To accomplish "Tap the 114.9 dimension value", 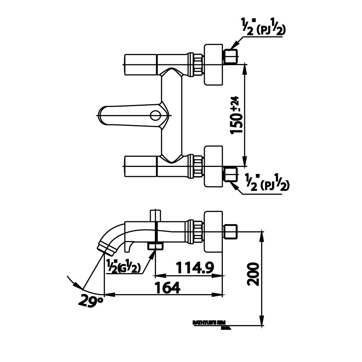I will (194, 267).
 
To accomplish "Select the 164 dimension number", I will (167, 287).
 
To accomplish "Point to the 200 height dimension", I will (252, 275).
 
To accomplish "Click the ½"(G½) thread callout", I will (123, 267).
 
